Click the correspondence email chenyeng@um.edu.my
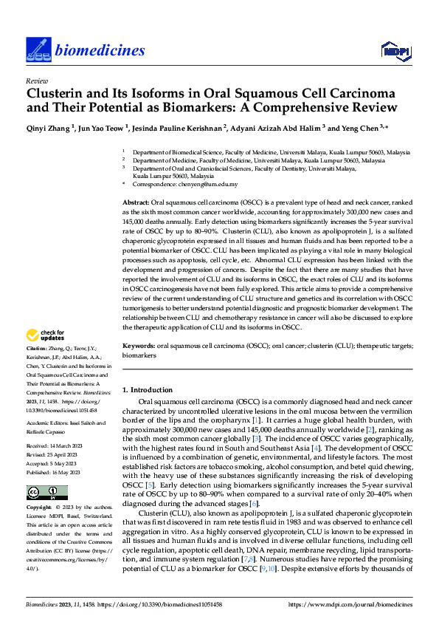tap(210, 184)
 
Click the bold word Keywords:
tap(138, 345)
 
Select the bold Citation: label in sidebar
tap(36, 348)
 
